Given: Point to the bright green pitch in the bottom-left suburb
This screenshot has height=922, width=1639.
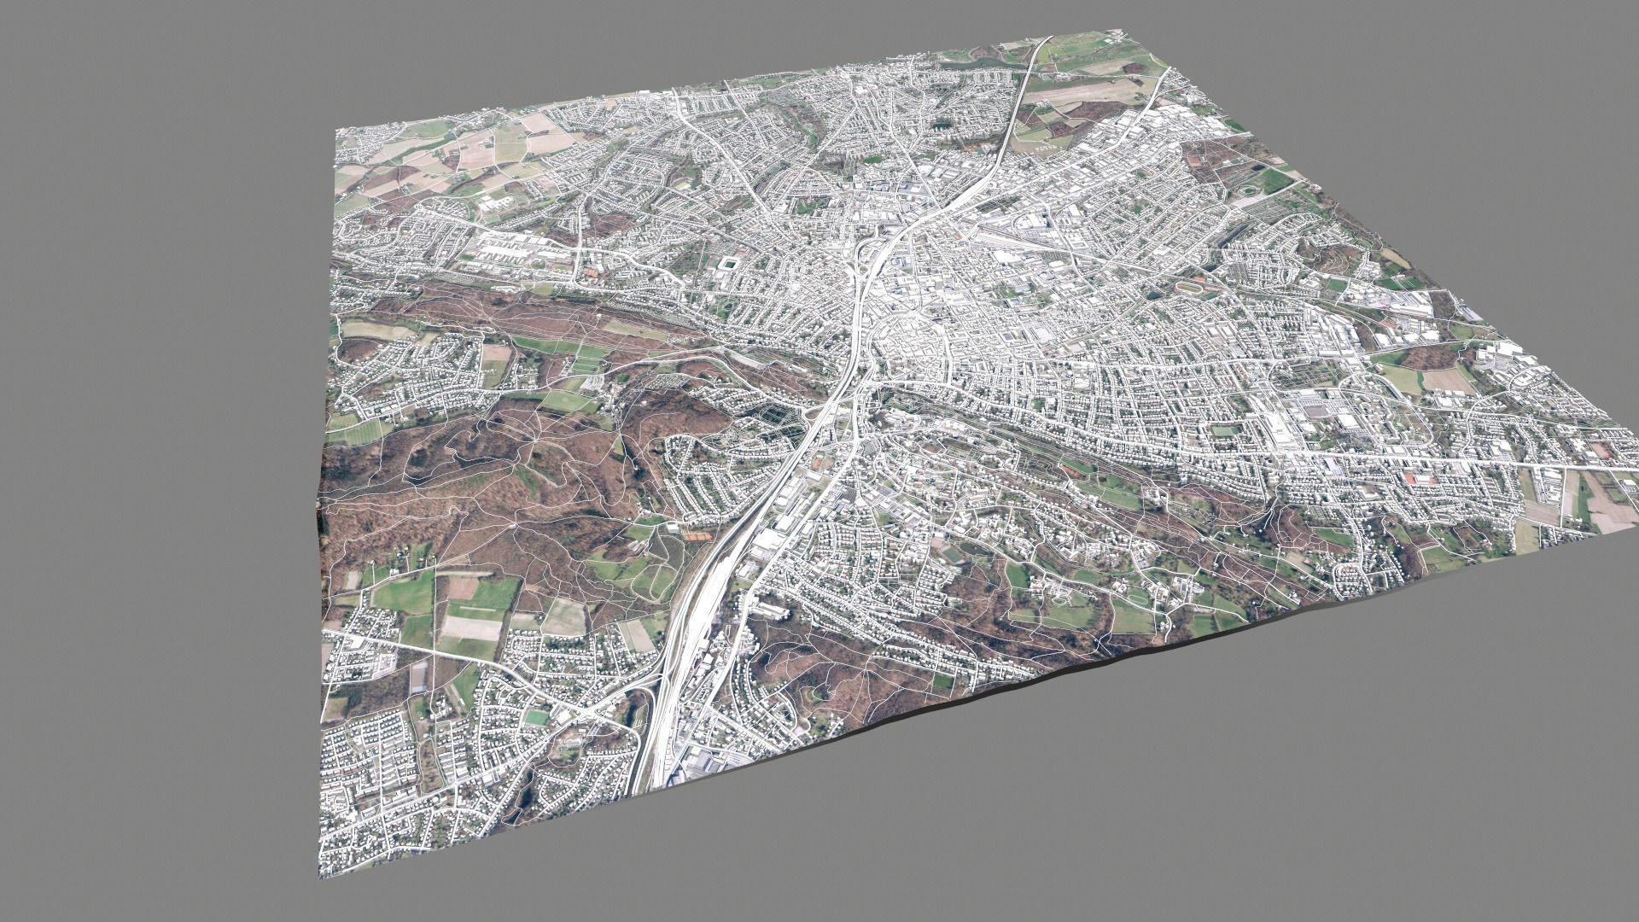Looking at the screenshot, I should coord(537,718).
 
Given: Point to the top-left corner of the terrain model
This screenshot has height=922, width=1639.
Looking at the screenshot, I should coord(339,131).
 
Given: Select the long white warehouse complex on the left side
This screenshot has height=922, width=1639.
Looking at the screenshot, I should coord(512,250).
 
